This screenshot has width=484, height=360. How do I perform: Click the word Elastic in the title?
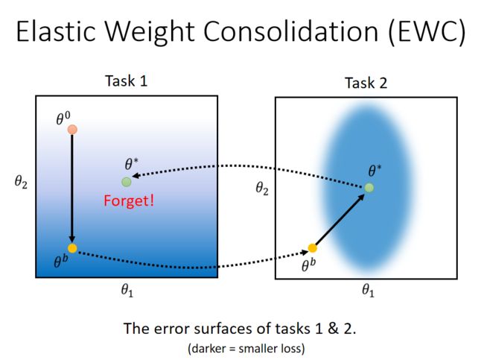pos(56,31)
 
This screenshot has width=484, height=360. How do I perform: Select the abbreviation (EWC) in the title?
pos(427,32)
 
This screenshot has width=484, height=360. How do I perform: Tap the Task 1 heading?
pos(127,81)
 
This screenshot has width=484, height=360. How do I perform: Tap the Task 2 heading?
pos(366,83)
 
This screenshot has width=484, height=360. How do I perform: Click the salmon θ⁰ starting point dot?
pos(72,130)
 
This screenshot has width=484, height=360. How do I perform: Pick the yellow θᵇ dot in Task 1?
pos(72,248)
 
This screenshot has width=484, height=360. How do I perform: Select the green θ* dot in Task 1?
pos(127,182)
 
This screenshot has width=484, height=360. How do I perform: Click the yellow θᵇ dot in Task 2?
pos(313,248)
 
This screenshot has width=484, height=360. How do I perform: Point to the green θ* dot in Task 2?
pos(369,188)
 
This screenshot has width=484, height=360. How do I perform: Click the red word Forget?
pos(129,200)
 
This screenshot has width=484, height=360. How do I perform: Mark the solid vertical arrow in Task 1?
pos(72,189)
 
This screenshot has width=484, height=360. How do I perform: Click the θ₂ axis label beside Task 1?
pos(21,182)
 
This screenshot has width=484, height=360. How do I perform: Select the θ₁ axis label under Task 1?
pos(127,291)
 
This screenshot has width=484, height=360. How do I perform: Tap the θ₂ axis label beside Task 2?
pos(262,188)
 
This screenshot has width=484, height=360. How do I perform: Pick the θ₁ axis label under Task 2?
pos(368,291)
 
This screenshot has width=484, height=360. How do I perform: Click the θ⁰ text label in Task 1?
pos(63,119)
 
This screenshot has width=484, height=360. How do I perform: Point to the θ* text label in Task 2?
pos(375,171)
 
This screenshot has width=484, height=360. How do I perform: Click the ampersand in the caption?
pos(333,328)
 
